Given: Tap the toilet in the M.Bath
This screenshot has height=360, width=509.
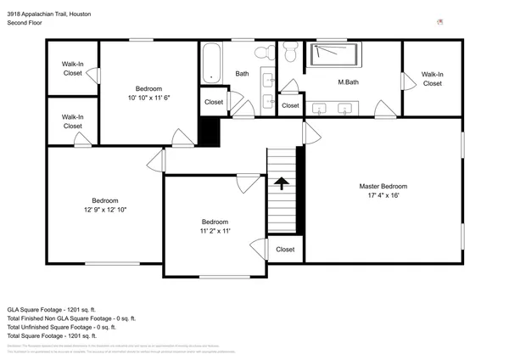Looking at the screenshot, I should pyautogui.click(x=289, y=54).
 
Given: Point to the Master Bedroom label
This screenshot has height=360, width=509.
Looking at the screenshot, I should pyautogui.click(x=383, y=186).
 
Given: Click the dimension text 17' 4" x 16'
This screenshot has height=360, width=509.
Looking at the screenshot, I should pyautogui.click(x=383, y=195).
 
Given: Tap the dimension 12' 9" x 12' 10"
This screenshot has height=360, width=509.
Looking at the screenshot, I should pyautogui.click(x=104, y=209).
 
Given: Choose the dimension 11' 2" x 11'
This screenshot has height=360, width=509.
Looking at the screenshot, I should pyautogui.click(x=215, y=230).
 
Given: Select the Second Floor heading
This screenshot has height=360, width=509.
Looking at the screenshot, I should pyautogui.click(x=25, y=24).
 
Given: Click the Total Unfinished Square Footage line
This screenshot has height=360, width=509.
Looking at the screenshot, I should pyautogui.click(x=61, y=327).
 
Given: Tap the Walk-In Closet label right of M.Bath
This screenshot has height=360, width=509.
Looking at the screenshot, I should pyautogui.click(x=432, y=79).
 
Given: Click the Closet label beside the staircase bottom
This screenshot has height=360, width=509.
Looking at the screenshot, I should pyautogui.click(x=285, y=250).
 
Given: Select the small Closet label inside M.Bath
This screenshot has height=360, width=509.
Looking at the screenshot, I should pyautogui.click(x=291, y=105).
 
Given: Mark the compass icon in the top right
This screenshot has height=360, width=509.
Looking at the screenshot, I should pyautogui.click(x=439, y=21).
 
